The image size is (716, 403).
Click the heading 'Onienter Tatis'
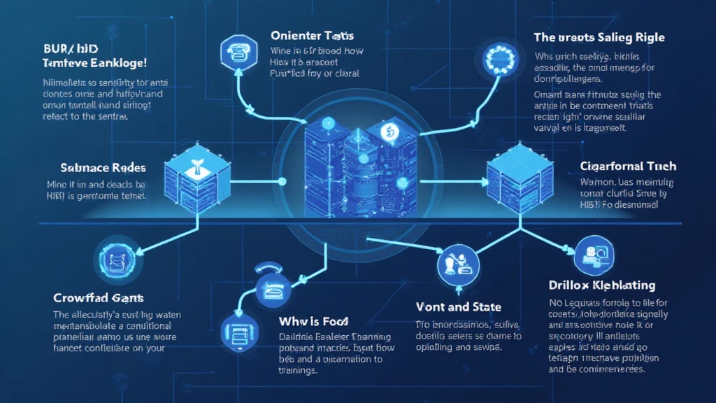pyautogui.click(x=312, y=35)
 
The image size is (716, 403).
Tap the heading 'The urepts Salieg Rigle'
pyautogui.click(x=599, y=37)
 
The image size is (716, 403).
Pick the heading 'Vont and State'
pyautogui.click(x=458, y=306)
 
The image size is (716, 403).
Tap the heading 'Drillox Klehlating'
pyautogui.click(x=602, y=285)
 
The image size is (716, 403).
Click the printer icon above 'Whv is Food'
pyautogui.click(x=269, y=285)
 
